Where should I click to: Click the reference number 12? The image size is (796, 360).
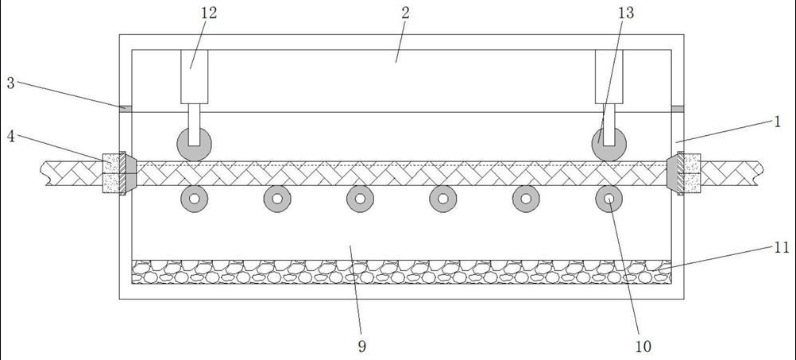click(x=209, y=13)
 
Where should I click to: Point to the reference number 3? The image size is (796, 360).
click(x=10, y=83)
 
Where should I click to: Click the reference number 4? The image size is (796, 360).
click(x=10, y=135)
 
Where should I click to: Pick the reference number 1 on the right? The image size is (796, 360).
click(x=778, y=122)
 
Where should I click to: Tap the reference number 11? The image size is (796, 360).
click(x=782, y=248)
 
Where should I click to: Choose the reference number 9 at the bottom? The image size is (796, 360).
click(x=362, y=346)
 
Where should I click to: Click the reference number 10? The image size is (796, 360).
click(x=643, y=346)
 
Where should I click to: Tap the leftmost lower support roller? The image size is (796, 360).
click(x=194, y=199)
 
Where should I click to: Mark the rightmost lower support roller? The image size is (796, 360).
click(x=609, y=199)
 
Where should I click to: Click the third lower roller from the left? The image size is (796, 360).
click(x=360, y=199)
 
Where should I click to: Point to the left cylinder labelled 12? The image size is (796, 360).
click(x=195, y=76)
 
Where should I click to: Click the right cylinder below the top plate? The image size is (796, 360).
click(x=609, y=76)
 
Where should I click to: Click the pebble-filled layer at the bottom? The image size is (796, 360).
click(x=401, y=272)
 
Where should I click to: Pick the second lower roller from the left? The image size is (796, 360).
click(x=277, y=199)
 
